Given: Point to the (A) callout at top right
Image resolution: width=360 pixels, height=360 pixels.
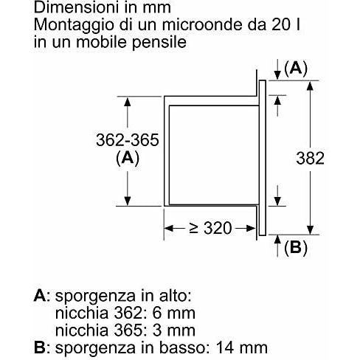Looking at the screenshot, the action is point(296,69).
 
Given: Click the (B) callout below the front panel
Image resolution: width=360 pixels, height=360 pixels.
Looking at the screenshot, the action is point(295,249).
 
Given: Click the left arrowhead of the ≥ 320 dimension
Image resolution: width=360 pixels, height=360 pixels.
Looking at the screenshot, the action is point(166,228).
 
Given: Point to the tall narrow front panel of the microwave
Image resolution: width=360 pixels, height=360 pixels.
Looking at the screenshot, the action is point(262,157).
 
